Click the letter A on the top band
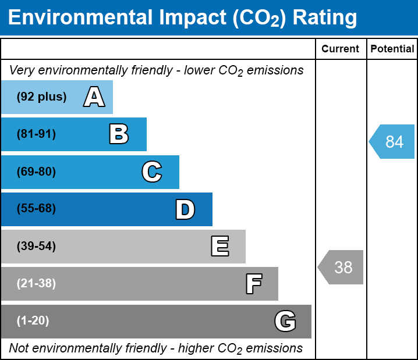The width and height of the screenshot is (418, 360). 94,97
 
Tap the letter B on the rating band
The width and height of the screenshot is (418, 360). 119,134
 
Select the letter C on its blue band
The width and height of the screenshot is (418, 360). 152,172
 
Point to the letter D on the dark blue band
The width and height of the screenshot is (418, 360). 185,209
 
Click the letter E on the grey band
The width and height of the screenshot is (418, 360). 219,247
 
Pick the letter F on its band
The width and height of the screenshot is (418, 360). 253,284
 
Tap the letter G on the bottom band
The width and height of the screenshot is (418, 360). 285,321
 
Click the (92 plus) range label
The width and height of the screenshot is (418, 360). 41,97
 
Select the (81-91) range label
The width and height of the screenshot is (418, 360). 36,134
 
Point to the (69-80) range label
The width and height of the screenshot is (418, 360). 36,172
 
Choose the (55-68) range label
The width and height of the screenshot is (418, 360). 36,209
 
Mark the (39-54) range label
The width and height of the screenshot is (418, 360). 36,247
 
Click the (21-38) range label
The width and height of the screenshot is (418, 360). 36,284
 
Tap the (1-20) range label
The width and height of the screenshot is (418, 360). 33,321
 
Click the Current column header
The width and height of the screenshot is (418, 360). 341,49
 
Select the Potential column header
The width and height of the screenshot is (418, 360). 392,49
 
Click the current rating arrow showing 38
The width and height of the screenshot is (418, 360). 341,268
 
